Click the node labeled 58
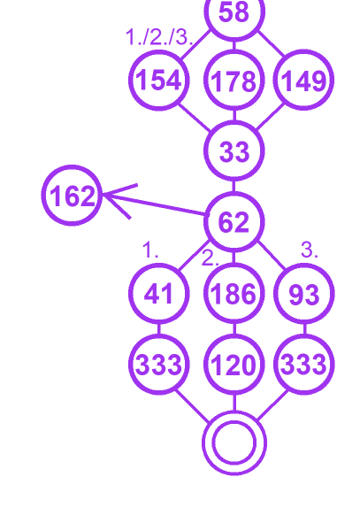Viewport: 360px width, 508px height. point(234,12)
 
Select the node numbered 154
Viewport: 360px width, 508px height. point(158,80)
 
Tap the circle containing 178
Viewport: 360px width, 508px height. point(234,80)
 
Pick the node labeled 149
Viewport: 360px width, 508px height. point(303,80)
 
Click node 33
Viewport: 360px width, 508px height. point(234,150)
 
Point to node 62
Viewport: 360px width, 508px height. point(234,222)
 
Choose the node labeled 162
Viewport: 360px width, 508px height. point(72,196)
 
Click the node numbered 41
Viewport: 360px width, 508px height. point(158,294)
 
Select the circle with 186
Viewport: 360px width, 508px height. point(234,294)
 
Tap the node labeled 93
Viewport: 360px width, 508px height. point(303,294)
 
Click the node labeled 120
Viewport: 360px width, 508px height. point(234,365)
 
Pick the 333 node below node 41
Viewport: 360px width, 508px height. point(158,365)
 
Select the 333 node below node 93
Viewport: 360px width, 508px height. point(303,365)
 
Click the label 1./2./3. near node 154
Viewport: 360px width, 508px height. point(159,37)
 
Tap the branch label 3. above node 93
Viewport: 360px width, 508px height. point(310,250)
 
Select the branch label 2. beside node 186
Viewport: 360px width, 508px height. point(211,258)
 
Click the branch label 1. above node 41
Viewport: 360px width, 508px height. point(150,250)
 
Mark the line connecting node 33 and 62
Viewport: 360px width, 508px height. point(234,186)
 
